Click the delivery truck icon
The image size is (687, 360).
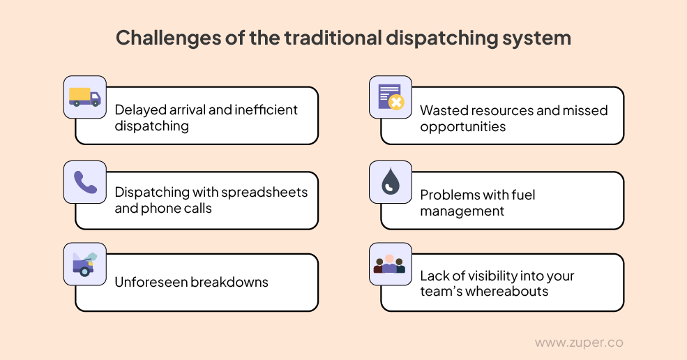(85, 98)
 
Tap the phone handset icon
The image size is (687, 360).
(85, 182)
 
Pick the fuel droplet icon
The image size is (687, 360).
(389, 182)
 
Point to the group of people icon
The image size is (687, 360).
(389, 264)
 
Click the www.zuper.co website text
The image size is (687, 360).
(579, 343)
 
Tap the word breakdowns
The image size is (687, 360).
(229, 282)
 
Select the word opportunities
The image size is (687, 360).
(462, 127)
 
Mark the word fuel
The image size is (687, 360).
(521, 194)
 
